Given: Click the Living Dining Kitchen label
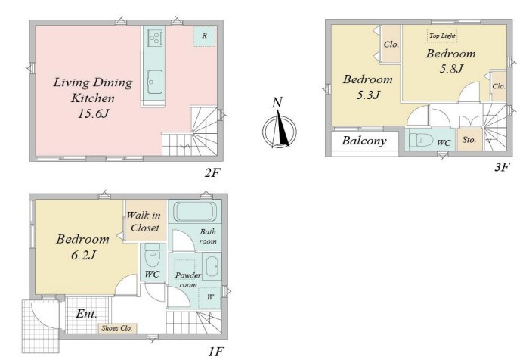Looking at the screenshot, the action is point(93,90).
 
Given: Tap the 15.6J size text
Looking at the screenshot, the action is point(94,114).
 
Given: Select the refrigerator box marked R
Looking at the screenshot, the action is point(204,36).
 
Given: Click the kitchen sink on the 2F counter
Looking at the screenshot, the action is point(155,82).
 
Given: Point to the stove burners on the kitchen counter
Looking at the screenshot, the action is point(155,38).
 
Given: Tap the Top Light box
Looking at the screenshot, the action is point(442,36).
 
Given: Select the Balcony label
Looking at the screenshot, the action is point(364,141).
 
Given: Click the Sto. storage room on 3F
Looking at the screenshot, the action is point(469,139).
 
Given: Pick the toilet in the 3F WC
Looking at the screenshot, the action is point(421,140).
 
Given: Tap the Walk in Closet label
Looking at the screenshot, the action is point(144,222).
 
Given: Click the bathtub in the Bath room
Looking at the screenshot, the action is point(194,212).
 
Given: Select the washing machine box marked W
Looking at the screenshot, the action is point(210,297).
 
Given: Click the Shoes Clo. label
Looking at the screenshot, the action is point(117,328).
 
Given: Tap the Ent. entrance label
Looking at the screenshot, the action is point(87,314).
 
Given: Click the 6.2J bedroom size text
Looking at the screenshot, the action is point(83,255).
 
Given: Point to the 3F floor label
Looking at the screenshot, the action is point(502,167).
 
